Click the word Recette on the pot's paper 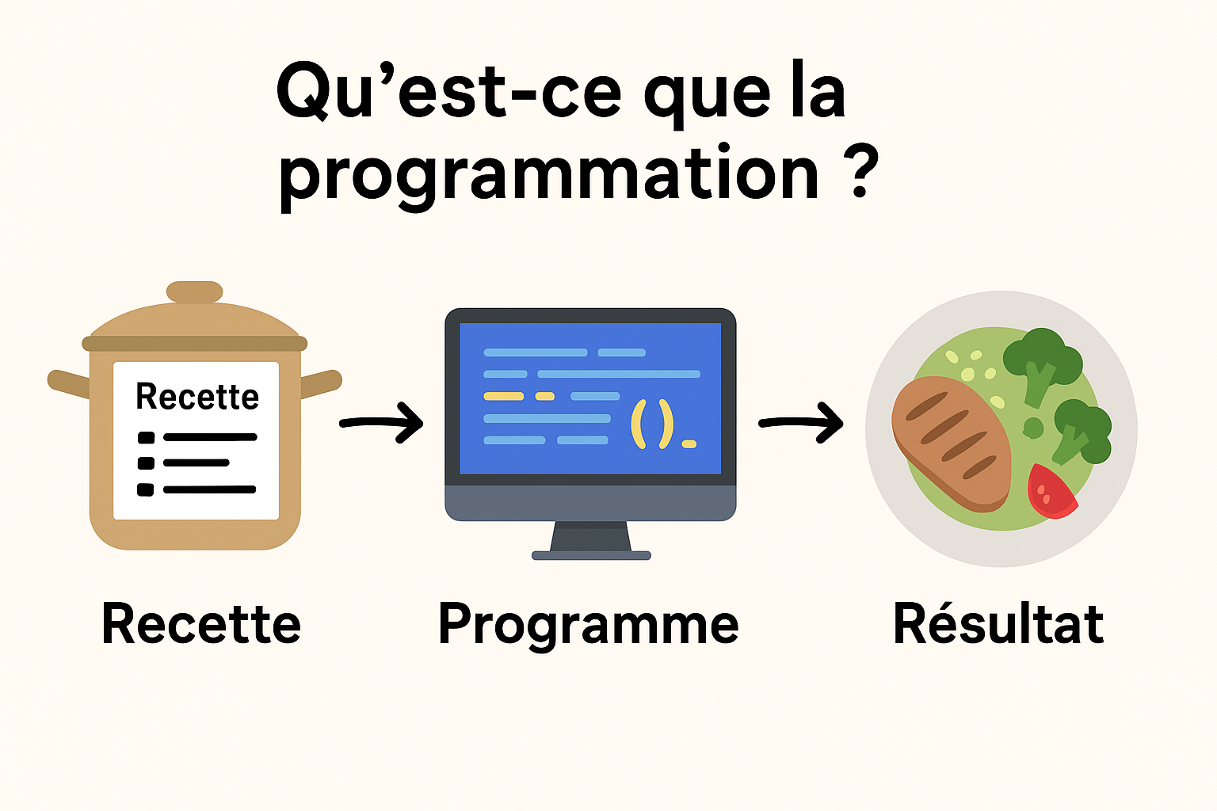197,396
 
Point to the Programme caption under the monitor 589,626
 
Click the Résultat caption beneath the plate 998,623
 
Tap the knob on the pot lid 194,291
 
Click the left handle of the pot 69,383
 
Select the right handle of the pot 321,383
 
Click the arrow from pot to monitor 381,423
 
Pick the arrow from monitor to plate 801,423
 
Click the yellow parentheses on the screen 652,425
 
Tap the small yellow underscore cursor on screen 689,444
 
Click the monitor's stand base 591,555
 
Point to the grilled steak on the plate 952,444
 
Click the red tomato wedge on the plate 1050,492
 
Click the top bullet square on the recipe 146,437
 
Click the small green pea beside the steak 1033,428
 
